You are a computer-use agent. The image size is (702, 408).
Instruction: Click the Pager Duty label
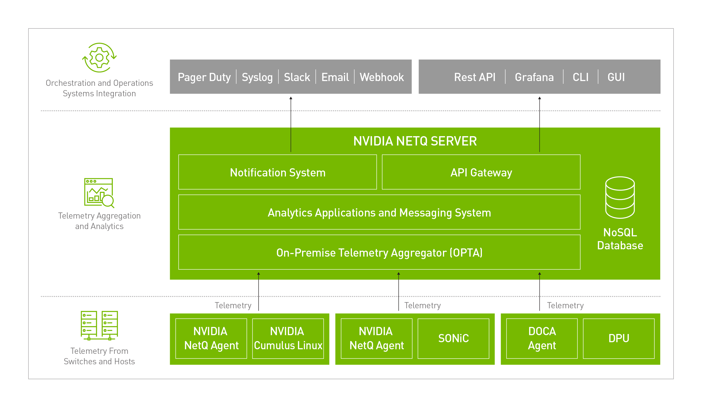pyautogui.click(x=204, y=77)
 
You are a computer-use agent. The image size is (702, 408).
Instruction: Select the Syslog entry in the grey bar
pyautogui.click(x=257, y=77)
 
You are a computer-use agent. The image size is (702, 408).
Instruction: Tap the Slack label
pyautogui.click(x=297, y=77)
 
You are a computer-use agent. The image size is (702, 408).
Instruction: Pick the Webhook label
pyautogui.click(x=382, y=77)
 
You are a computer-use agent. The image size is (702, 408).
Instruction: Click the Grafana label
pyautogui.click(x=534, y=77)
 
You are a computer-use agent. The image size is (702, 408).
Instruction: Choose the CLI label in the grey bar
pyautogui.click(x=580, y=77)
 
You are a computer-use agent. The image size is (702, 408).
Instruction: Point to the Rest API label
pyautogui.click(x=475, y=77)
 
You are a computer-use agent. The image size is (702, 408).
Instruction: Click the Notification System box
pyautogui.click(x=277, y=172)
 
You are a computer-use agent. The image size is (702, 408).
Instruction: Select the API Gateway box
pyautogui.click(x=481, y=172)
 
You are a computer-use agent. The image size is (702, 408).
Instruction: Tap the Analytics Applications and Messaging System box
pyautogui.click(x=379, y=212)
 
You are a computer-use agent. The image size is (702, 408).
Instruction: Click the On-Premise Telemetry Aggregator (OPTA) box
pyautogui.click(x=379, y=252)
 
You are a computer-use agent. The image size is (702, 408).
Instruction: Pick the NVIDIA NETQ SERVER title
pyautogui.click(x=415, y=141)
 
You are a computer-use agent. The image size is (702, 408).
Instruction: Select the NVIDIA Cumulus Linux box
pyautogui.click(x=288, y=338)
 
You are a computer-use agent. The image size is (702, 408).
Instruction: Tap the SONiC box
pyautogui.click(x=453, y=338)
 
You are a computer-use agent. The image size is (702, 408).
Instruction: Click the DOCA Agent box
pyautogui.click(x=542, y=338)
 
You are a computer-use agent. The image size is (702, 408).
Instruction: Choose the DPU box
pyautogui.click(x=618, y=338)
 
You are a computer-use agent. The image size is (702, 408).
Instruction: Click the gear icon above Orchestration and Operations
pyautogui.click(x=99, y=57)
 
